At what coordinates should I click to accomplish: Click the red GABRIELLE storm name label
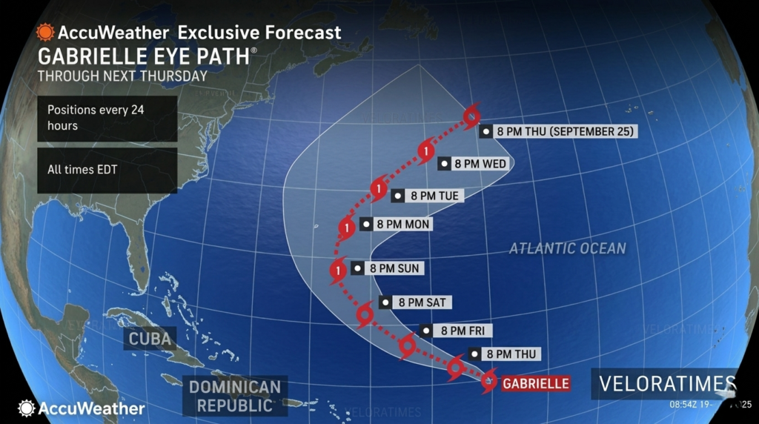[535, 383]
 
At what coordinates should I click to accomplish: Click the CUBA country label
[150, 339]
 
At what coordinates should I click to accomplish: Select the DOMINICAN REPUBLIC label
[234, 396]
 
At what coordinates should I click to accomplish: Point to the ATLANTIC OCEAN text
[567, 248]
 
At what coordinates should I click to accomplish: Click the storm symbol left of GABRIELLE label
[488, 382]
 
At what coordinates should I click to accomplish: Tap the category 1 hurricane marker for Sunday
[338, 271]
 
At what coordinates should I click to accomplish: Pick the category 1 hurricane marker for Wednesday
[425, 152]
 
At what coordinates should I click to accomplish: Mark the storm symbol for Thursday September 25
[471, 116]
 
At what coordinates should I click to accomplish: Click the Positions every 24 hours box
[107, 118]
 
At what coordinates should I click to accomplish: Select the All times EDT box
[107, 170]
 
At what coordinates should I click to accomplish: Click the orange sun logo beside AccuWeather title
[46, 33]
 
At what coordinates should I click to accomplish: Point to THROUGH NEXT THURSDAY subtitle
[122, 76]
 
